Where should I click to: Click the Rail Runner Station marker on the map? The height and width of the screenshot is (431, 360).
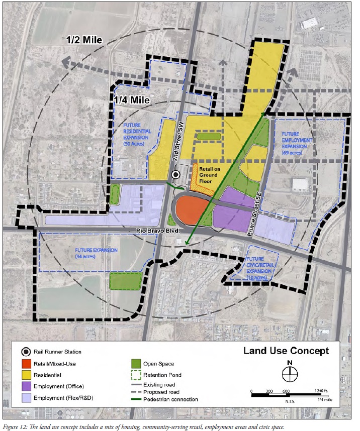(x=175, y=174)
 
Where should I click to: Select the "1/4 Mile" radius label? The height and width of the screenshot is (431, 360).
(x=132, y=99)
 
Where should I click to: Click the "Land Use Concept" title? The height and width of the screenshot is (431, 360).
(x=287, y=351)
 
